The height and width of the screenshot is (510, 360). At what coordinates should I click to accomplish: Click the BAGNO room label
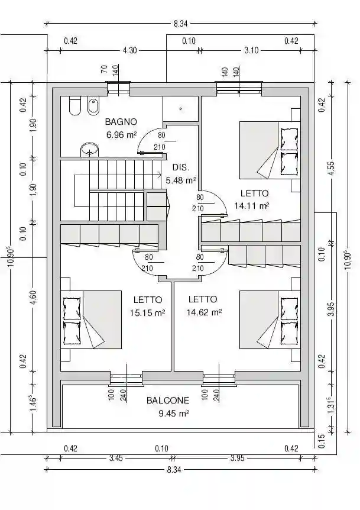pos(121,122)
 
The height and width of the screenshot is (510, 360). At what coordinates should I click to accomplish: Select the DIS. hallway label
pos(181,167)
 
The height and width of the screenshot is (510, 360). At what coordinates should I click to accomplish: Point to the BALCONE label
pos(168,401)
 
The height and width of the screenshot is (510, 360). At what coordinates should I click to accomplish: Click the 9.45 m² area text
pos(174,414)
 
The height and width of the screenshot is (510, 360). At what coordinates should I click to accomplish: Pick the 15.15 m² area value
pos(148,313)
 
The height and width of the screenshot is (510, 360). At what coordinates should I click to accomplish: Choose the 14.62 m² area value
pos(204,312)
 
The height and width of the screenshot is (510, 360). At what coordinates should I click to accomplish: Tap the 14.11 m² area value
pos(251,206)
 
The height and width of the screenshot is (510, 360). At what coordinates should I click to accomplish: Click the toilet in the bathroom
pos(74,106)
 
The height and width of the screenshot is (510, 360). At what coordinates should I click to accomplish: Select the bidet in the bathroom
pos(93,106)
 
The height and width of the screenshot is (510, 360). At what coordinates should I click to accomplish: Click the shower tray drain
pos(181,109)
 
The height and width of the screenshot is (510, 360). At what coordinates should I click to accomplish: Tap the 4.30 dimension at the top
pos(129,50)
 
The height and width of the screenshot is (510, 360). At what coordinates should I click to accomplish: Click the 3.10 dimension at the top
pos(251,50)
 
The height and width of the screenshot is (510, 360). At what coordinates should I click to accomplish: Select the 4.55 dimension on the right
pos(331,169)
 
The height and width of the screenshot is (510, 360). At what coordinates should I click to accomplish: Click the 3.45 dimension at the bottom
pos(116,459)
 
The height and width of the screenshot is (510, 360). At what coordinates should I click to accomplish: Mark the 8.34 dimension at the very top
pos(181,24)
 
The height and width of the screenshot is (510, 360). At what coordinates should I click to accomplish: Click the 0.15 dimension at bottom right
pos(322,441)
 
